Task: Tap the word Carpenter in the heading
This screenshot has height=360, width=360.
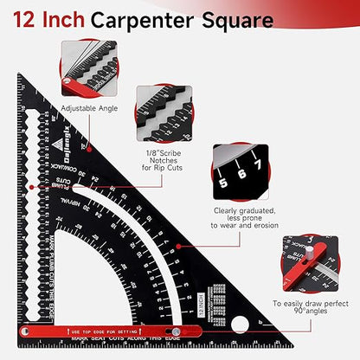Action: [x=145, y=19]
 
